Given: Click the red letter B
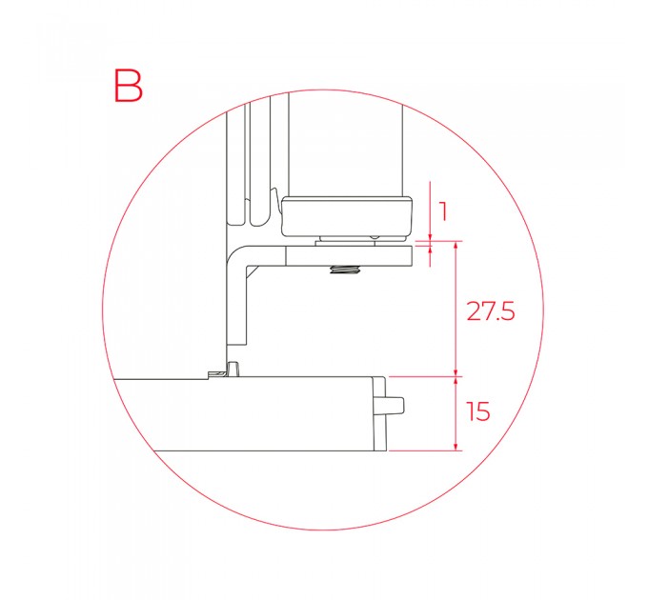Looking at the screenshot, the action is (128, 86).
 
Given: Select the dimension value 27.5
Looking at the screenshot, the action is (491, 310).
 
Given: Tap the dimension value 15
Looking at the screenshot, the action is (478, 411).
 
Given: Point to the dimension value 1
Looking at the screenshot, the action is (443, 211).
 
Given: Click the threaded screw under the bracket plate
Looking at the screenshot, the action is (344, 270).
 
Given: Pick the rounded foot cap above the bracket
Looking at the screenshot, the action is (347, 217).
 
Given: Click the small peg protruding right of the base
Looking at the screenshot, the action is (395, 405).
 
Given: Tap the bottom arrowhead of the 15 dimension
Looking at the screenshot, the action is (456, 447).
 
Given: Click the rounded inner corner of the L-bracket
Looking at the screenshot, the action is (236, 255).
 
